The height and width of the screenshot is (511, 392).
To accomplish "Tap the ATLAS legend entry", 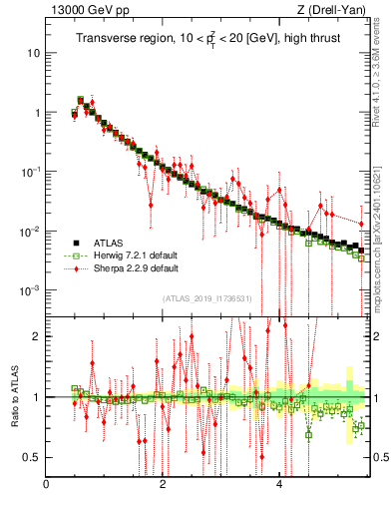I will click(111, 243).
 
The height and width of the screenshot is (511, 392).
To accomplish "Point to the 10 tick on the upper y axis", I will click(33, 52).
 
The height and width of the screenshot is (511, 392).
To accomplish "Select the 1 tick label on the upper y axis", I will click(37, 112).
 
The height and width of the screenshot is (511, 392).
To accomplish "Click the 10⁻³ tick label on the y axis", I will click(31, 290).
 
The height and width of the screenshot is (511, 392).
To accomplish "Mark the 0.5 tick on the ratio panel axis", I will click(33, 457).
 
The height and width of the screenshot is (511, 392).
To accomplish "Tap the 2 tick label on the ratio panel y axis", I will click(37, 336).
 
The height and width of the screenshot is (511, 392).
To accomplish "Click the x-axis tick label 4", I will click(279, 485).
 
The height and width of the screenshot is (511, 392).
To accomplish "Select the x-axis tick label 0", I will click(46, 485).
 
